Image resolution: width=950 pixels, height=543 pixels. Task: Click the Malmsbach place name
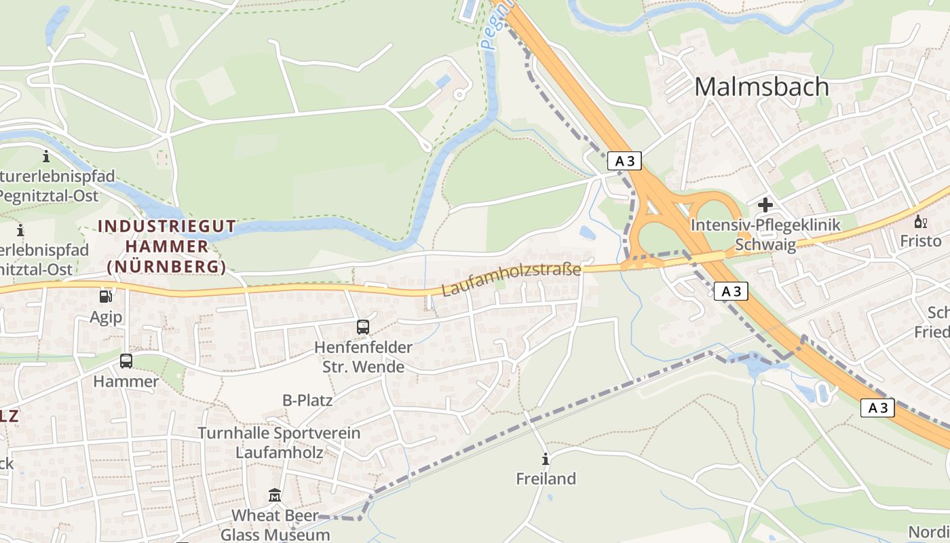pyautogui.click(x=761, y=87)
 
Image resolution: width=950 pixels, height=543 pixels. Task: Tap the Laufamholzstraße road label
pyautogui.click(x=512, y=280)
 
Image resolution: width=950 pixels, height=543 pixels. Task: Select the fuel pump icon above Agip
pyautogui.click(x=106, y=297)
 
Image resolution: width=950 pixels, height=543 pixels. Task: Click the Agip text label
pyautogui.click(x=106, y=317)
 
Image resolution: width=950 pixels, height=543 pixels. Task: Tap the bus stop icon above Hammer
pyautogui.click(x=126, y=360)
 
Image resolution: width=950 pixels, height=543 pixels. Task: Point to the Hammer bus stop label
pyautogui.click(x=126, y=381)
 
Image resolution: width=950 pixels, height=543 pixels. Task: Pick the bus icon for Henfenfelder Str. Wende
pyautogui.click(x=363, y=327)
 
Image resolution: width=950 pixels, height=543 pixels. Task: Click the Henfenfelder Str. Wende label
pyautogui.click(x=363, y=357)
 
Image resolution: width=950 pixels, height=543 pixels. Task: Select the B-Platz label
pyautogui.click(x=307, y=400)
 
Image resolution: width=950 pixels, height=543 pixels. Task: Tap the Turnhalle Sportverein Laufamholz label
pyautogui.click(x=279, y=442)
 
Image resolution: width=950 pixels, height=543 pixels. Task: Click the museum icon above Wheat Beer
pyautogui.click(x=275, y=496)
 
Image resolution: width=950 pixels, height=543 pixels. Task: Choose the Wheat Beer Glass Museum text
pyautogui.click(x=275, y=525)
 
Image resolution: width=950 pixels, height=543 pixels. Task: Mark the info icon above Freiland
pyautogui.click(x=546, y=458)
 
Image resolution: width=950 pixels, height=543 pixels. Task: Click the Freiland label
pyautogui.click(x=546, y=479)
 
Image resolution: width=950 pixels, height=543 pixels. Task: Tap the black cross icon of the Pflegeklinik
pyautogui.click(x=765, y=205)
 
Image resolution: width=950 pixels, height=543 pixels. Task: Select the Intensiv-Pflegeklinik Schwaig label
pyautogui.click(x=765, y=234)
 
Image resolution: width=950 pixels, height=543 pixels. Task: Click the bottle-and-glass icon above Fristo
pyautogui.click(x=920, y=221)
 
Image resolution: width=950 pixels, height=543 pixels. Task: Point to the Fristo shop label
pyautogui.click(x=920, y=241)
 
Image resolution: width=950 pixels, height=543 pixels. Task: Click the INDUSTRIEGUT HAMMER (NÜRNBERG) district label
pyautogui.click(x=167, y=246)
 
